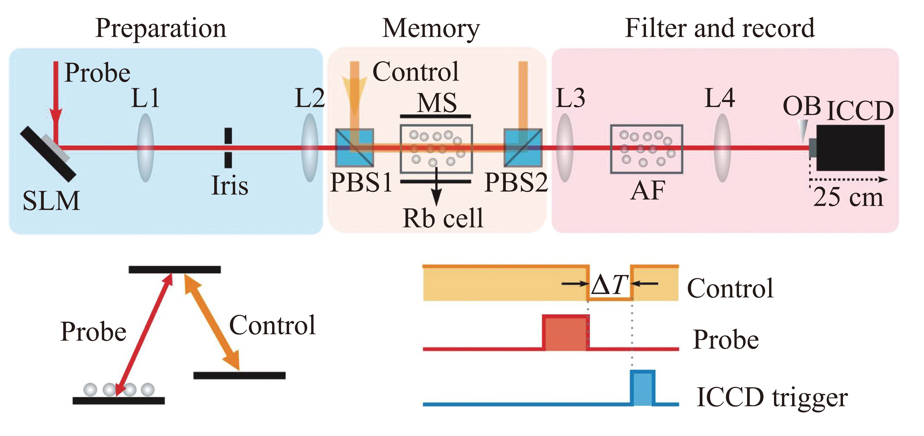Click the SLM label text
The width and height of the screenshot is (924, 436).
[x=51, y=201]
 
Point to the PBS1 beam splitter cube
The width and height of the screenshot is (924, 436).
[x=354, y=148]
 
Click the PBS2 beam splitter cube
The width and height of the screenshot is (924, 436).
[x=523, y=148]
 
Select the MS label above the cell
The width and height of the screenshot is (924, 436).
[x=437, y=103]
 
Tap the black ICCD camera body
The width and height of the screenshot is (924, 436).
[x=850, y=148]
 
